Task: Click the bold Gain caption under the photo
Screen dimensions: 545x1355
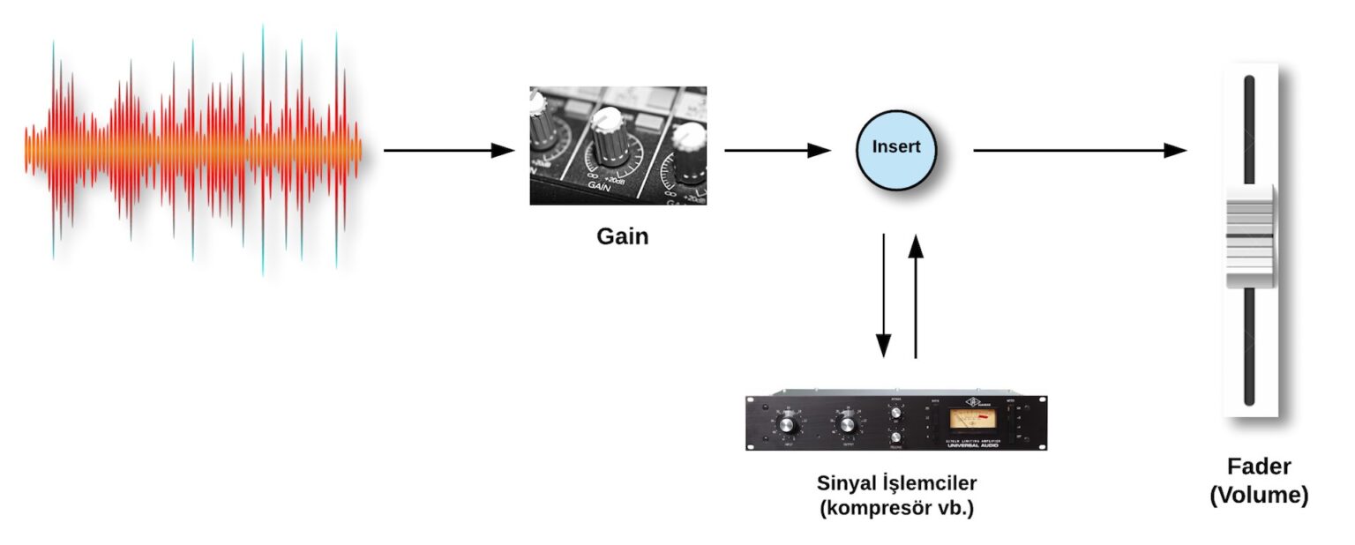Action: [x=622, y=236]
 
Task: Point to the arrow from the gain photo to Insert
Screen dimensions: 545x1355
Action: [x=777, y=151]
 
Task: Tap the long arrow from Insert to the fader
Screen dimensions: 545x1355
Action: [x=1080, y=151]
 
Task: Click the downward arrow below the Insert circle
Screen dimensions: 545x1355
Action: [x=883, y=296]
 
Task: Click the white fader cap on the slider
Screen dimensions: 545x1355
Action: [x=1250, y=235]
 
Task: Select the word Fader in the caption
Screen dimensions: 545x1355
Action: [x=1258, y=467]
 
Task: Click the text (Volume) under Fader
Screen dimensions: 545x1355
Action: [x=1259, y=496]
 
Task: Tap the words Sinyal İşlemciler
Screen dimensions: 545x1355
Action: [x=896, y=483]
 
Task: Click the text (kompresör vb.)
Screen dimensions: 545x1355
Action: [x=896, y=509]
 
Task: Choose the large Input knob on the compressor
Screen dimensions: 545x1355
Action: [x=788, y=426]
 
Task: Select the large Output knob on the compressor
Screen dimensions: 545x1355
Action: [x=849, y=426]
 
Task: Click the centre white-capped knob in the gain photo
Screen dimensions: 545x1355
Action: [x=608, y=132]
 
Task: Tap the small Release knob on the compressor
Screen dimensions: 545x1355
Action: [x=896, y=437]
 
